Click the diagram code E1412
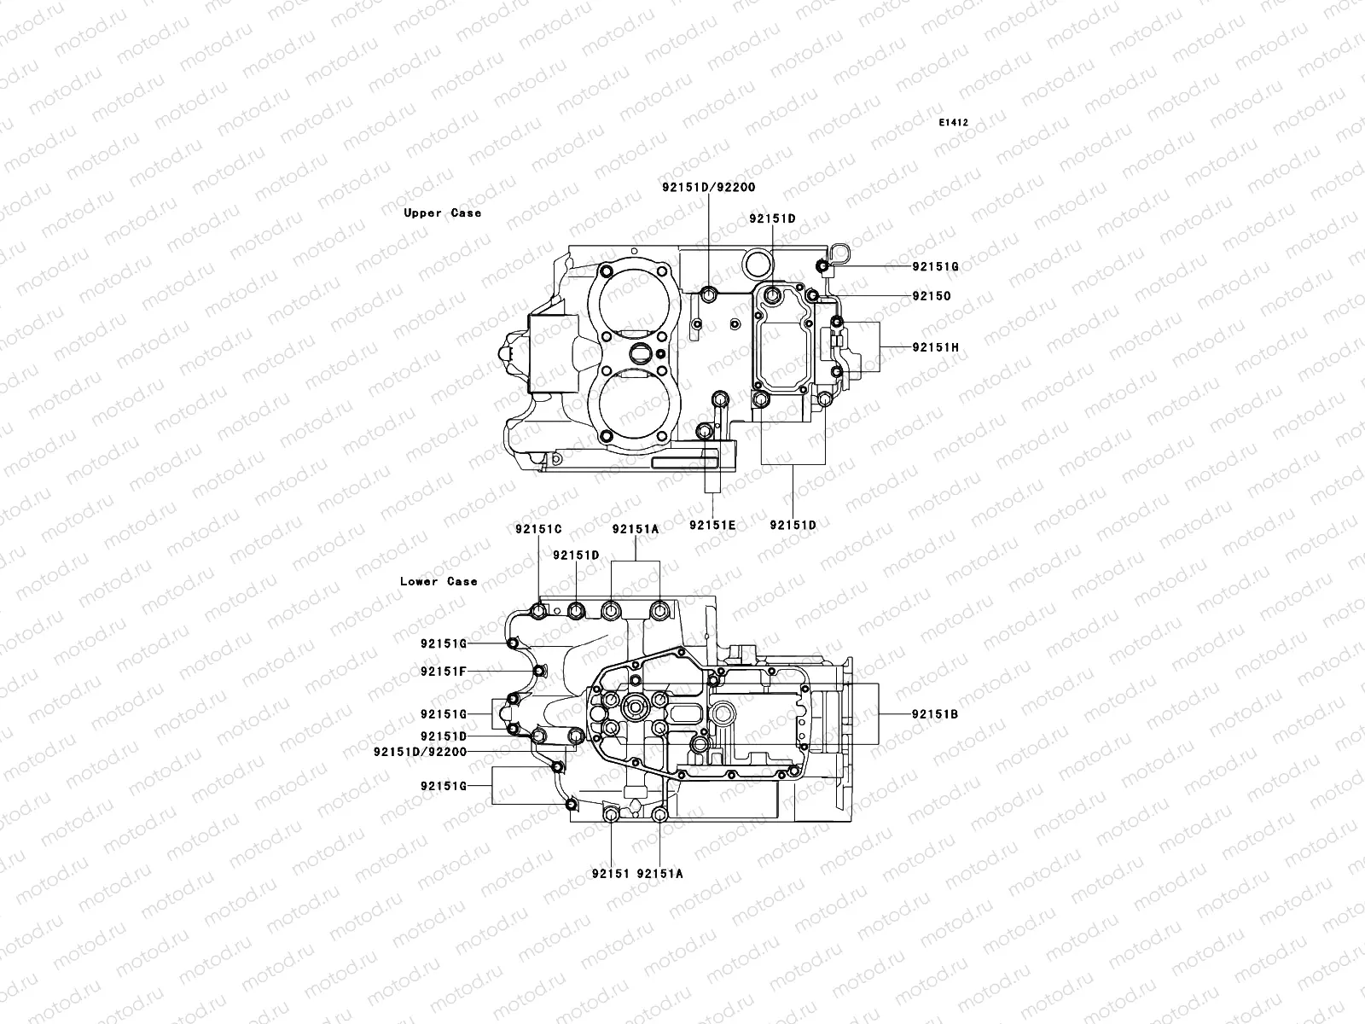[x=954, y=123]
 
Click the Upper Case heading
[x=442, y=213]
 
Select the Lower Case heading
[x=439, y=581]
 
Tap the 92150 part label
[x=931, y=296]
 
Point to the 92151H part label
[x=935, y=347]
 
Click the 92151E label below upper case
[x=712, y=526]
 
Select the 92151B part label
[x=934, y=714]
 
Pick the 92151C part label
[x=537, y=529]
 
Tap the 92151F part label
[x=443, y=671]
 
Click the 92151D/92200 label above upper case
[x=708, y=187]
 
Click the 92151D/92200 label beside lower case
[x=420, y=752]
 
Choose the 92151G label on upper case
[x=935, y=266]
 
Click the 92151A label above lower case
[x=636, y=529]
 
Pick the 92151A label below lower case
[x=659, y=874]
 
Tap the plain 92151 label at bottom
[x=610, y=874]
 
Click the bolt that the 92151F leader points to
[x=538, y=672]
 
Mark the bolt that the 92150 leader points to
[x=812, y=296]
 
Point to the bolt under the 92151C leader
[x=538, y=610]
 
